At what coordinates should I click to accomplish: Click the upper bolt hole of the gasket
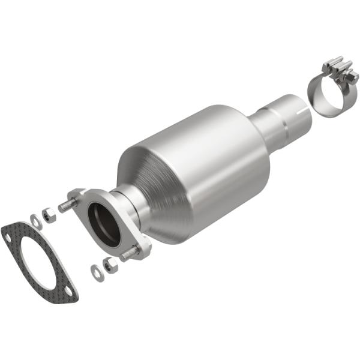click(x=9, y=236)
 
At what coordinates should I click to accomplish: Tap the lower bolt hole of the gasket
click(x=70, y=292)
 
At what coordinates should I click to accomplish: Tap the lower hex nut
click(x=109, y=265)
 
